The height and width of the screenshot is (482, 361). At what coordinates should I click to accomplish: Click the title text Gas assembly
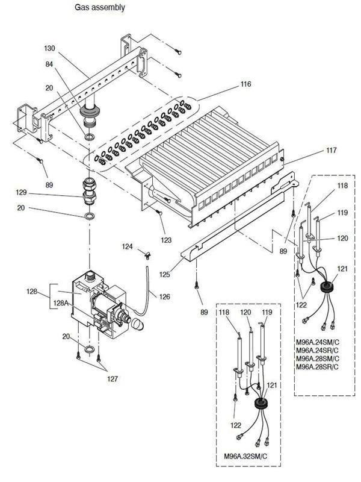point(100,7)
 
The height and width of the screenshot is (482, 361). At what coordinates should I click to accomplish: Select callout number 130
point(49,48)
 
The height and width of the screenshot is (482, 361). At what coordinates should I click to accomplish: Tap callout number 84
point(49,64)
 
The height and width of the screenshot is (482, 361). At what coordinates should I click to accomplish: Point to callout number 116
point(245,84)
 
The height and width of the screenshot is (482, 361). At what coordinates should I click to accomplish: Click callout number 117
point(332,150)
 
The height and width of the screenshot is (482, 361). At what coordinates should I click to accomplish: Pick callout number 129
point(21,192)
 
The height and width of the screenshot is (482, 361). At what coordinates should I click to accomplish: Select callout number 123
point(166,240)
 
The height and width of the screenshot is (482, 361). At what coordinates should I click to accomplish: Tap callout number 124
point(128,246)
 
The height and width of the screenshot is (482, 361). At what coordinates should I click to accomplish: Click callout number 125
point(164,274)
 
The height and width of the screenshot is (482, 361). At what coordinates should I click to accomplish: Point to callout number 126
point(164,296)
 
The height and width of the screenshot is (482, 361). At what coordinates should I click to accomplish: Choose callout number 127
point(113,379)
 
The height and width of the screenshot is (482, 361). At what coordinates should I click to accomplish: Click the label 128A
point(61,303)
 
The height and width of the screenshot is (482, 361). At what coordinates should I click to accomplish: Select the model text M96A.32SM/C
point(245,456)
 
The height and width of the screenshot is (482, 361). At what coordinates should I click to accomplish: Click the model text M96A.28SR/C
point(318,367)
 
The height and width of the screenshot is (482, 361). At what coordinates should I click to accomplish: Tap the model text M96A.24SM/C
point(318,342)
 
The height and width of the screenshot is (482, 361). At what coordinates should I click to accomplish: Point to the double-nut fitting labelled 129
point(89,190)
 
